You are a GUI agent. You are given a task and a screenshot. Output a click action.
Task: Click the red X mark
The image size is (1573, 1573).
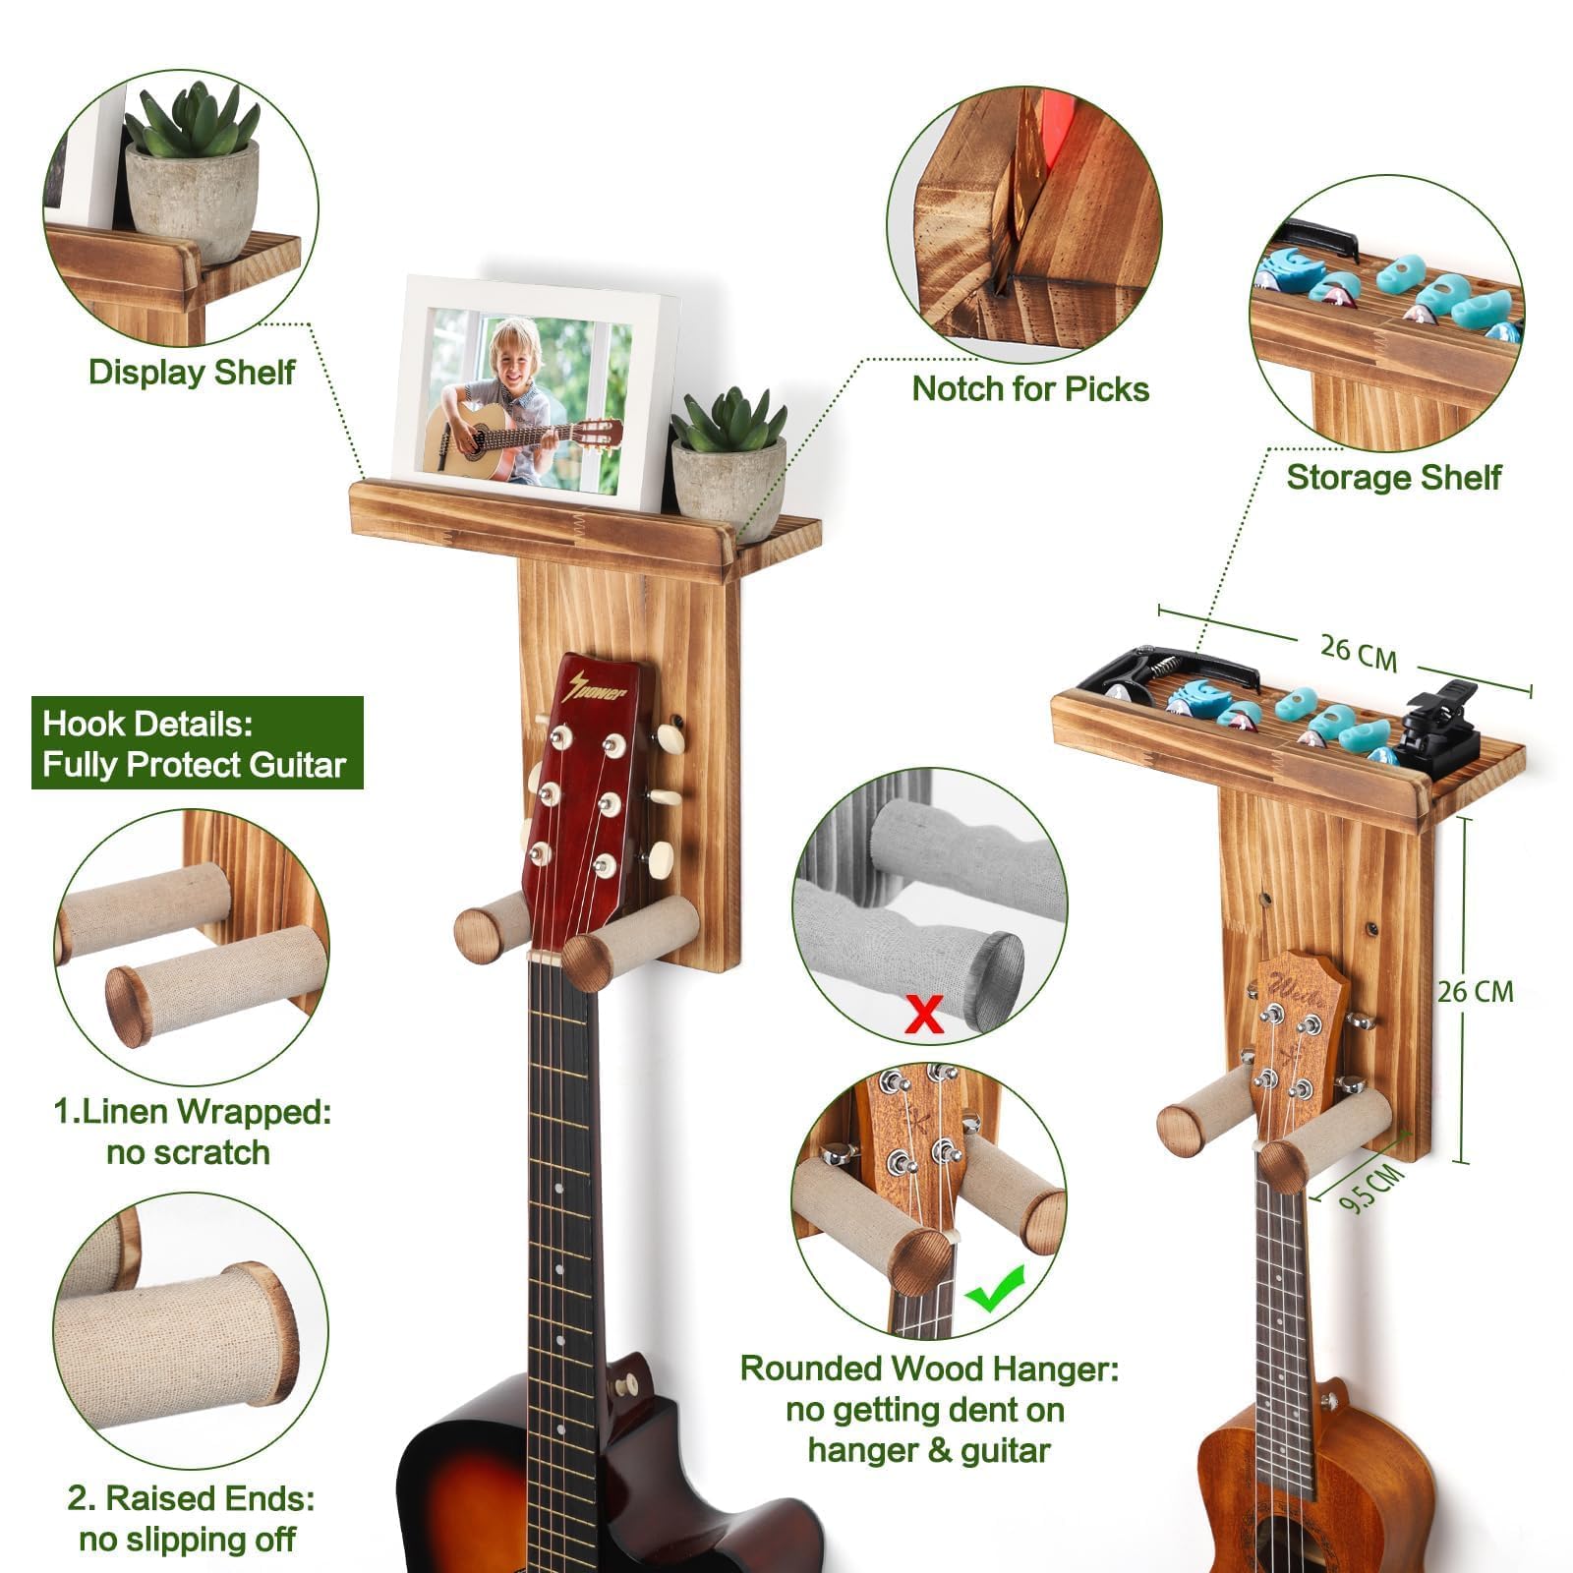point(923,1014)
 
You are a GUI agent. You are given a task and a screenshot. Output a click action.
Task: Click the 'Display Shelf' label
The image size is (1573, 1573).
point(192,373)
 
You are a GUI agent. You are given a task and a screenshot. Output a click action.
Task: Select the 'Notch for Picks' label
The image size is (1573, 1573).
point(1030,389)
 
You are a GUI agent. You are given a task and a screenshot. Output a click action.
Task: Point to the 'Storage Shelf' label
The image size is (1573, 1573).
point(1393,478)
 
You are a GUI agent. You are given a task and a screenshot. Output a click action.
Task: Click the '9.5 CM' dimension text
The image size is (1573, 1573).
point(1372,1188)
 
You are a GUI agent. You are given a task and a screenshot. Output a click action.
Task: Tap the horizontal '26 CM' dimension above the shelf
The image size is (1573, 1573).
point(1358,652)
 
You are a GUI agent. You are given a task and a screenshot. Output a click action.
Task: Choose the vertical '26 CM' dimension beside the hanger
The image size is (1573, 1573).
point(1475,991)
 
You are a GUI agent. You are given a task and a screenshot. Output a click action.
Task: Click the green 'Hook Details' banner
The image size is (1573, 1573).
point(197,743)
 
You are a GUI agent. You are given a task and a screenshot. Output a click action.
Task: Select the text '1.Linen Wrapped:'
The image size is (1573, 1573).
point(192,1112)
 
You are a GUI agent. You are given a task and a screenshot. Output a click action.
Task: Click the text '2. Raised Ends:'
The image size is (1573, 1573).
point(191,1498)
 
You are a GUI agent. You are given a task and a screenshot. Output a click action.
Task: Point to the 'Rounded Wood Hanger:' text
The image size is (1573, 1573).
point(929,1369)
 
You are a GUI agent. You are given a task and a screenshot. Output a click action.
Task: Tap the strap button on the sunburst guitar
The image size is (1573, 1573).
point(622,1385)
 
